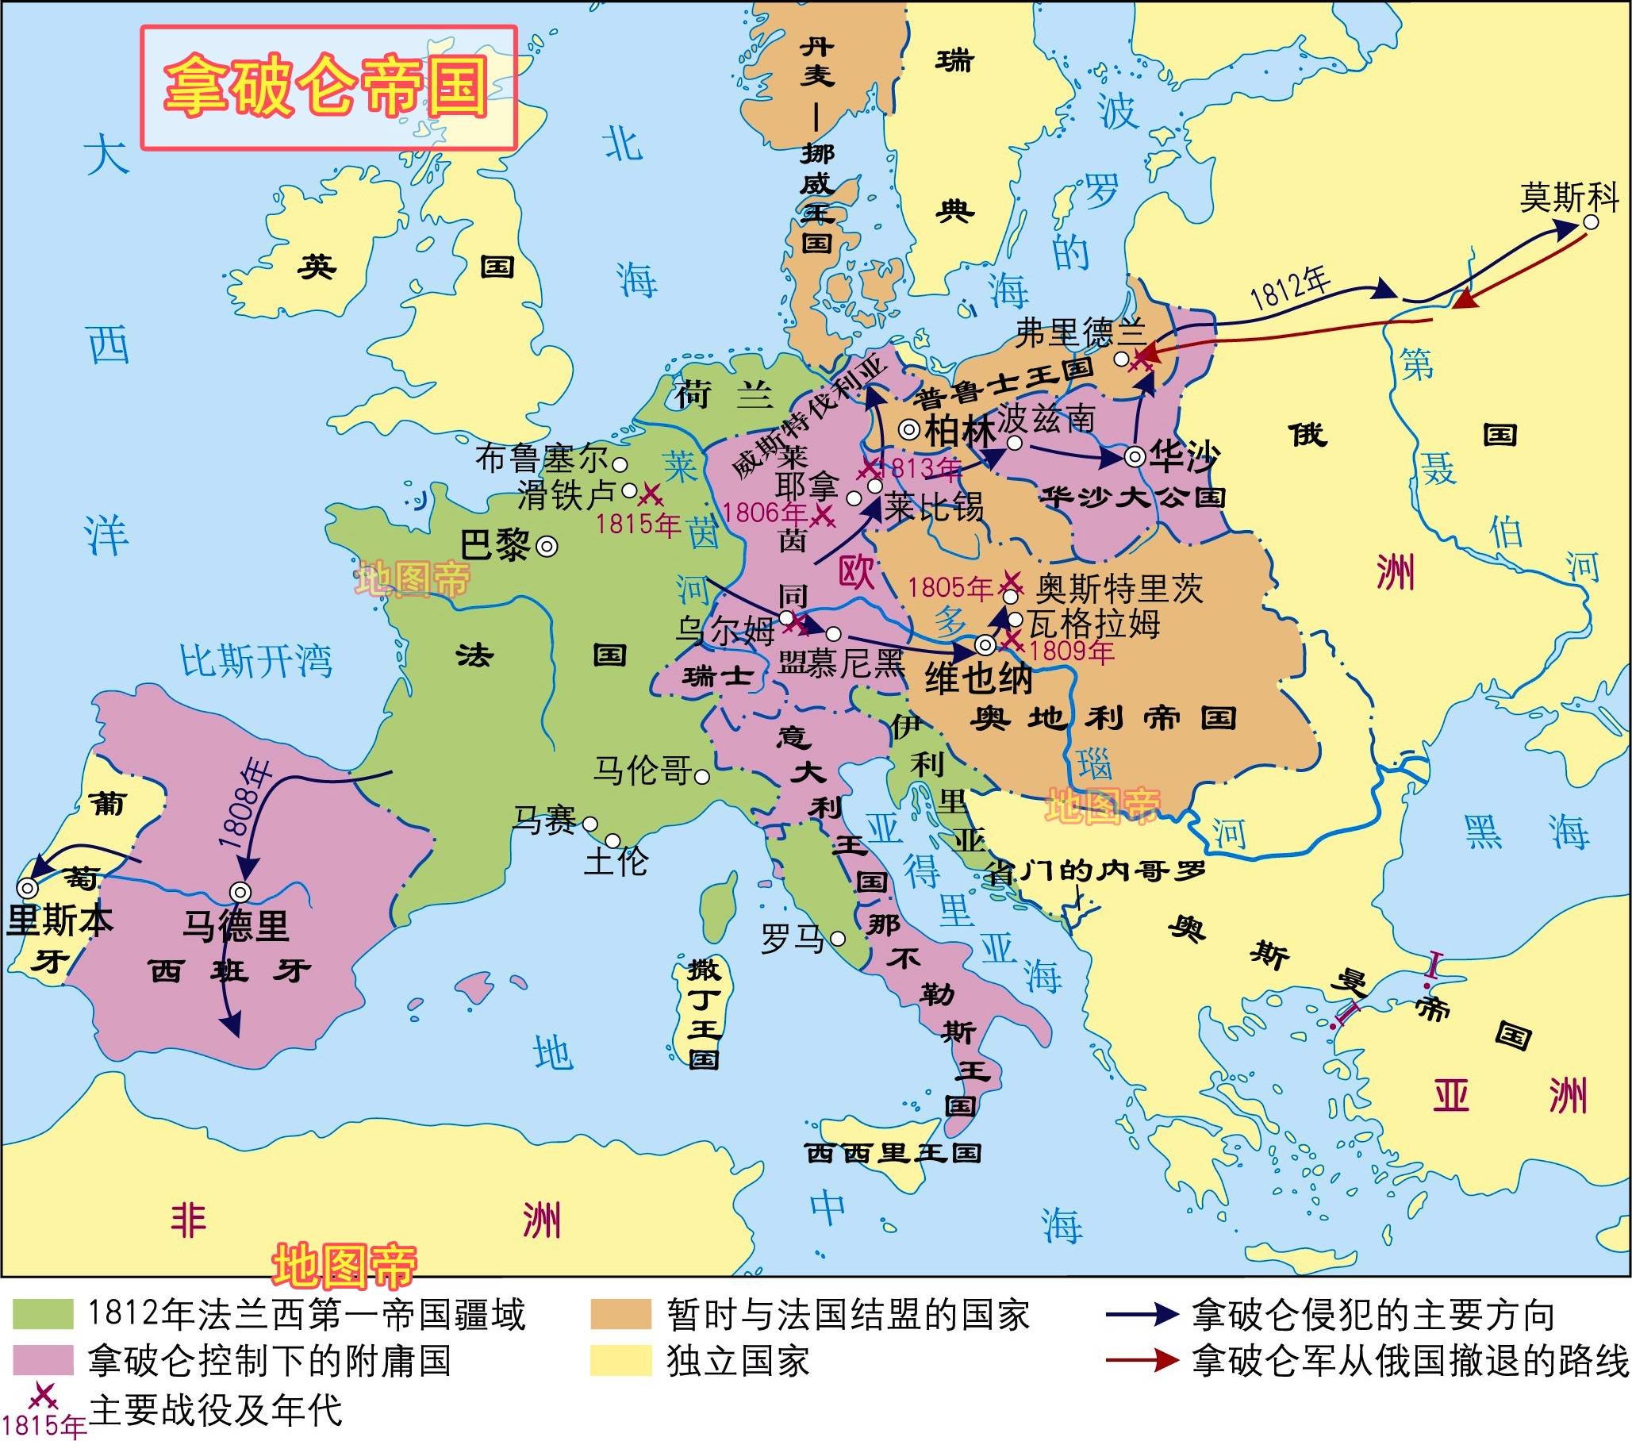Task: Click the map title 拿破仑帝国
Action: [328, 88]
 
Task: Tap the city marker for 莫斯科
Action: [1591, 223]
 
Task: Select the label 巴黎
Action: [495, 546]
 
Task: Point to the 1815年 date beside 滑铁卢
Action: [637, 525]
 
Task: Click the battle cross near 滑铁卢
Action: [651, 496]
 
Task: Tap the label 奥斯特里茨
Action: [1119, 589]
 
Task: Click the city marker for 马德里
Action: [240, 893]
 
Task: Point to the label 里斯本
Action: [59, 921]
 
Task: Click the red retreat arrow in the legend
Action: [1142, 1360]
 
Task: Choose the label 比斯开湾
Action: [255, 662]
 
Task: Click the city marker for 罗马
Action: [838, 939]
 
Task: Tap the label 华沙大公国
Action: [1131, 498]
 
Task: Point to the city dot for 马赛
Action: [590, 824]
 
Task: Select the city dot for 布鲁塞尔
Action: [619, 464]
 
